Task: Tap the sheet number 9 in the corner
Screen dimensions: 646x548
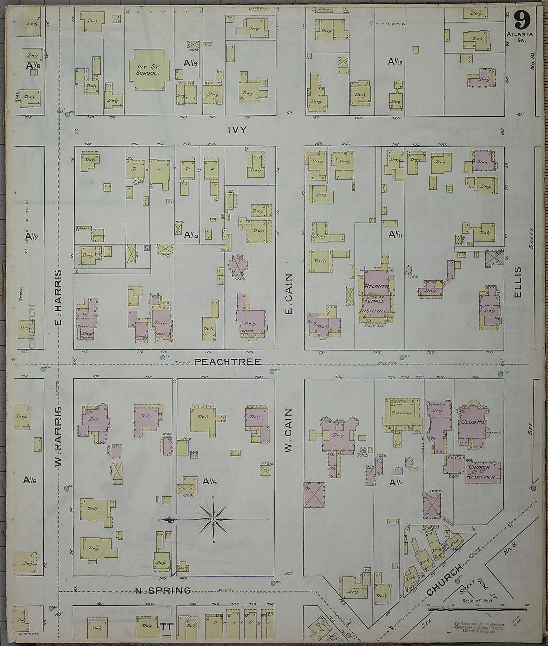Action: tap(521, 21)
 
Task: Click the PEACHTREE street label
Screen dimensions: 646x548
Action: tap(228, 361)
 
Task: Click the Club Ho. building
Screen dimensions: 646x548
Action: tap(470, 420)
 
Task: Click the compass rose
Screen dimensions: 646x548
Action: tap(213, 520)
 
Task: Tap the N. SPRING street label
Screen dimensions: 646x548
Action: tap(163, 591)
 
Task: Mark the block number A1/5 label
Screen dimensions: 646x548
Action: tap(211, 482)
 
